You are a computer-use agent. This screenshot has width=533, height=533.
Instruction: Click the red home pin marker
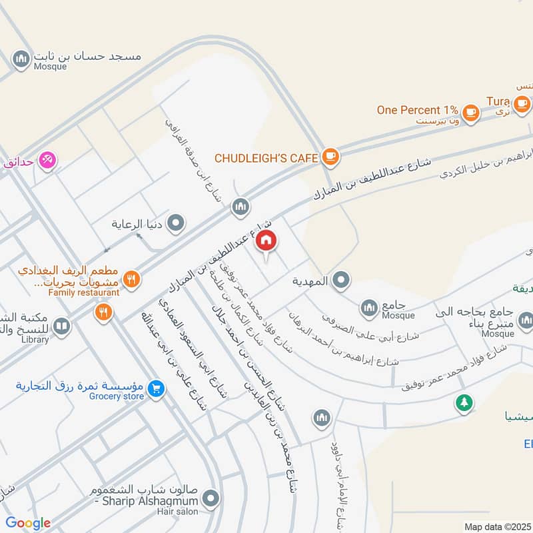(x=266, y=241)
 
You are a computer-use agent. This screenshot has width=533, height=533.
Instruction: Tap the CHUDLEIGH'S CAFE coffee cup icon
(x=330, y=157)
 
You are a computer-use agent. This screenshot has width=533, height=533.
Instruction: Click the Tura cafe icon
(x=522, y=103)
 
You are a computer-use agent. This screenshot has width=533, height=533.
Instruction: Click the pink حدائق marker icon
(x=47, y=160)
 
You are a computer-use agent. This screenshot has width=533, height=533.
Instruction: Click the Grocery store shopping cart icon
(x=157, y=387)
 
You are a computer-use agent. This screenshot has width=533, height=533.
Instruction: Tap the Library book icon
(x=61, y=326)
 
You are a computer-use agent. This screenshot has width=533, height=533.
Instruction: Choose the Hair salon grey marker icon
(x=211, y=498)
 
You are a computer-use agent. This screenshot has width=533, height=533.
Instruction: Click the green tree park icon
(x=464, y=403)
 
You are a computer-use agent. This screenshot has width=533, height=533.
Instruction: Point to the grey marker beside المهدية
(x=341, y=280)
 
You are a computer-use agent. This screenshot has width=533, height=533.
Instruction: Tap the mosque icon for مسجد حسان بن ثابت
(x=22, y=59)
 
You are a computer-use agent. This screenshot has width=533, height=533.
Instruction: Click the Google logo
(x=28, y=523)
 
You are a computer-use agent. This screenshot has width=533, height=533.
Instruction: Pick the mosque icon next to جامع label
(x=370, y=308)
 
